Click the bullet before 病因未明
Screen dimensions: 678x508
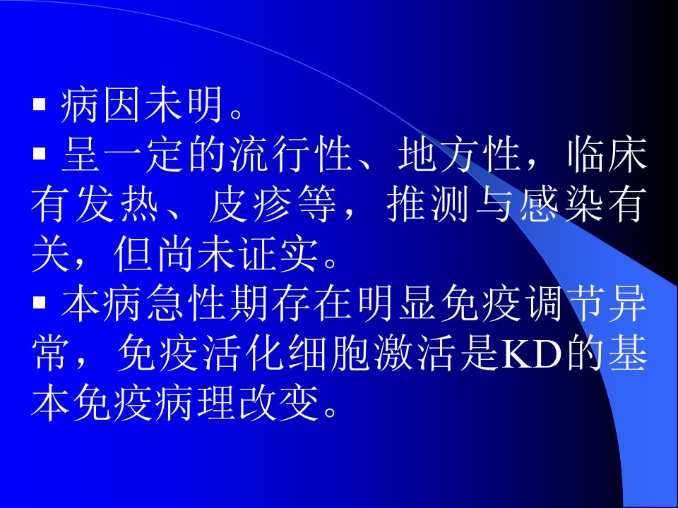point(40,105)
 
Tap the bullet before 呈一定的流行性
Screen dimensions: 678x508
point(40,154)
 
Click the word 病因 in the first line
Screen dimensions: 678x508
point(102,105)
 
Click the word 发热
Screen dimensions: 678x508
point(115,205)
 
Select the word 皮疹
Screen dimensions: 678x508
point(251,205)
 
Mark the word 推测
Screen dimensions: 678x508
point(427,205)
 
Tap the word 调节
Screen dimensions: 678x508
point(565,303)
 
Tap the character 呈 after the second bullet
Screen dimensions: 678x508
point(81,155)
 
